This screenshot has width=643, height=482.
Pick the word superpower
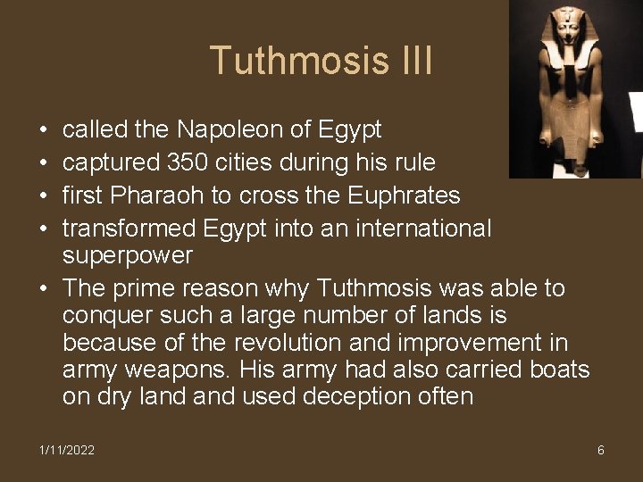click(128, 255)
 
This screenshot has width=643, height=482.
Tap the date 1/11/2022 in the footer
click(67, 450)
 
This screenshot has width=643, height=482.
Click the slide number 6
click(601, 450)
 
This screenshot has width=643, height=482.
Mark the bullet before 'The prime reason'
click(43, 288)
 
